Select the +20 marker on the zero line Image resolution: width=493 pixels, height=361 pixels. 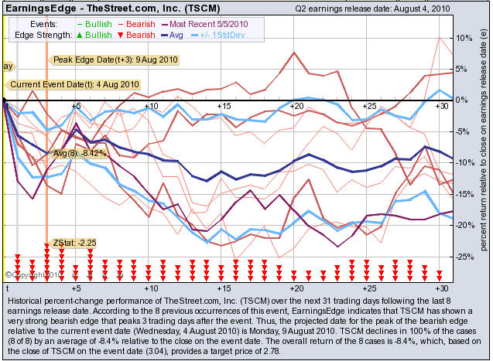click(296, 105)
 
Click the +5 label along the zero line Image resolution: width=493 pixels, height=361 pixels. click(75, 105)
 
